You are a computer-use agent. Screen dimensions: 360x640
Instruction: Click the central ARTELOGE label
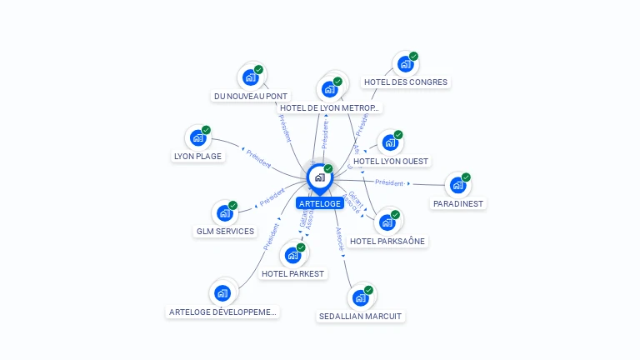click(320, 203)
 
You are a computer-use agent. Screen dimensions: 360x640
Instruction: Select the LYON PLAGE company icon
click(198, 137)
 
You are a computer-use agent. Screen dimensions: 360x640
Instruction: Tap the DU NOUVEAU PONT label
click(251, 96)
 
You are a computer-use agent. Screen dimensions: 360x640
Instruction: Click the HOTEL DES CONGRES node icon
click(405, 64)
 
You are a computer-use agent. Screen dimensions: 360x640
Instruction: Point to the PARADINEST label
click(458, 203)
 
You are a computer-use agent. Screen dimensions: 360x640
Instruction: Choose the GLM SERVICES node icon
click(224, 212)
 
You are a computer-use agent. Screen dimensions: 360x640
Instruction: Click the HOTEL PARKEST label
click(292, 273)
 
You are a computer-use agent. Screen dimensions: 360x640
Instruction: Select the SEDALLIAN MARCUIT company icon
click(360, 297)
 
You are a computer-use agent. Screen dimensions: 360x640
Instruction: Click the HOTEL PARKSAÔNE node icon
click(387, 222)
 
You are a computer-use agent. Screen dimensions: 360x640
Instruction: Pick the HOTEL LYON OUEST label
click(392, 161)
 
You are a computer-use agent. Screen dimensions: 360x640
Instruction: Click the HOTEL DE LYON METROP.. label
click(330, 107)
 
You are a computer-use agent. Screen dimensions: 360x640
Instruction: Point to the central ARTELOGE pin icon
click(319, 177)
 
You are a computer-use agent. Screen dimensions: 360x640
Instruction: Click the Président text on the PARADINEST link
click(389, 182)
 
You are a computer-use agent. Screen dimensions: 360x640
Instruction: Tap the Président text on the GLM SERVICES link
click(272, 197)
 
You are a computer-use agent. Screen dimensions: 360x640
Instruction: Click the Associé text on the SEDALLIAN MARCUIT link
click(339, 239)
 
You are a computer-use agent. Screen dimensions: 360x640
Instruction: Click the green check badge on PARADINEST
click(466, 177)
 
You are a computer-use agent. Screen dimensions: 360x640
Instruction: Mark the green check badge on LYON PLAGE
click(206, 130)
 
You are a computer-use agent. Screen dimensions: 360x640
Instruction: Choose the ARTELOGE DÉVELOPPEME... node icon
click(222, 292)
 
